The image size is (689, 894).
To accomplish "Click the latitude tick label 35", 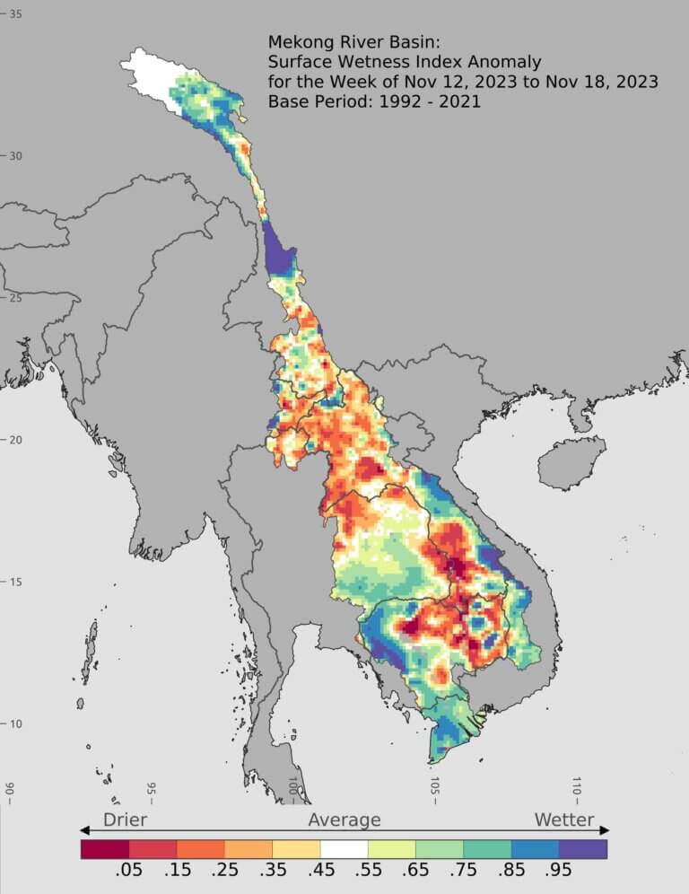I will click(x=15, y=14).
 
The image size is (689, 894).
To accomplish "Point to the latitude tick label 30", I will click(x=15, y=155).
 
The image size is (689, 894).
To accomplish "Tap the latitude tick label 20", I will click(x=15, y=439).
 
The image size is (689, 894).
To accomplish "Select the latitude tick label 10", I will click(x=15, y=723).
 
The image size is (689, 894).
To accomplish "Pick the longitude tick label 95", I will click(x=151, y=789).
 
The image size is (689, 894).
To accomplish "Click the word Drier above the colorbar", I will click(x=125, y=819).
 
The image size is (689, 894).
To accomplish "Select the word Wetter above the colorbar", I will click(x=564, y=819).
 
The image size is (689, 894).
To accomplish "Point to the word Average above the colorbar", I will click(x=344, y=819).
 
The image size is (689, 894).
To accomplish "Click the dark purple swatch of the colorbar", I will click(x=583, y=848).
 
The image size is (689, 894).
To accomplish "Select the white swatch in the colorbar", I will click(x=344, y=848).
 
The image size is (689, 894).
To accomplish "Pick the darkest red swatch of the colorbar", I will click(x=105, y=848).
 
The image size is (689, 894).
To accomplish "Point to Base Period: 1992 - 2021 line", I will click(x=374, y=101).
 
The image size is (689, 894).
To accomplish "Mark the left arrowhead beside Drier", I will click(x=85, y=830).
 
